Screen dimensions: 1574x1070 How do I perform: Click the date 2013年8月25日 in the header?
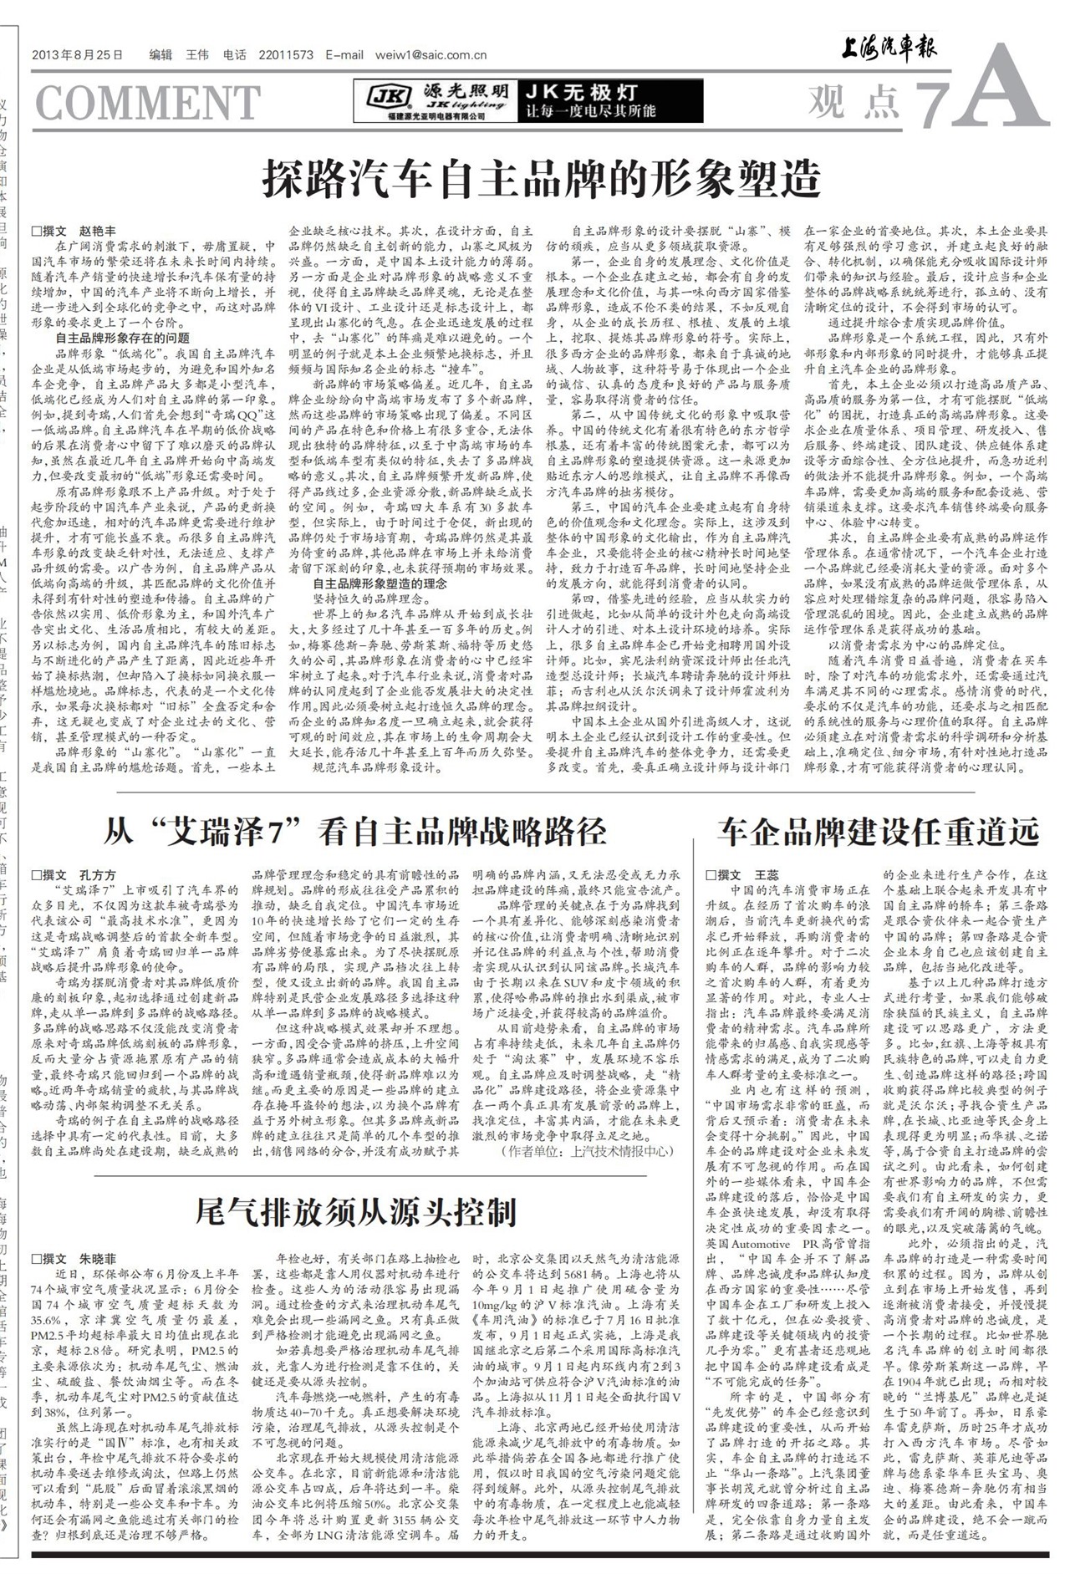pos(77,55)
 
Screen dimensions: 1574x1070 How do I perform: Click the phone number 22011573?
pos(286,55)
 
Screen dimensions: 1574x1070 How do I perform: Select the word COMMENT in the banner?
pos(148,103)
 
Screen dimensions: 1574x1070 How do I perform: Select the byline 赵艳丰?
pos(99,231)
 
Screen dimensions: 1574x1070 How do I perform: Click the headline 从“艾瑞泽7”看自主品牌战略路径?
pos(356,832)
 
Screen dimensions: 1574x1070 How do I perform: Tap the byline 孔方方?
pos(99,874)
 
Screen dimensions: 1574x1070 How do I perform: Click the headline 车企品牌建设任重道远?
pos(878,832)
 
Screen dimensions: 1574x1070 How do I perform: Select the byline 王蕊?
pos(766,874)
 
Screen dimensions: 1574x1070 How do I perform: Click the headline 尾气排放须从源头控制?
pos(355,1211)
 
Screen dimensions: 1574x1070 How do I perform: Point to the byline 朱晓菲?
pos(99,1259)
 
